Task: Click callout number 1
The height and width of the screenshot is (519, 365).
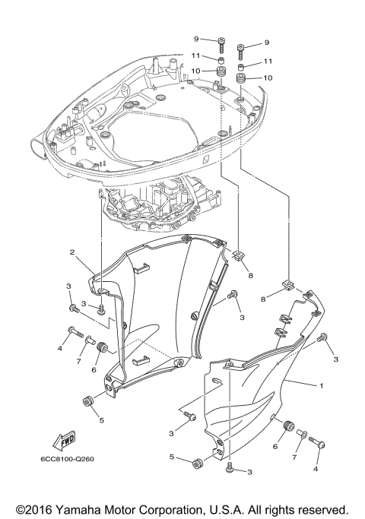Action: pos(322,385)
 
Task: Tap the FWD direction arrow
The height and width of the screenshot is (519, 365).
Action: pos(65,441)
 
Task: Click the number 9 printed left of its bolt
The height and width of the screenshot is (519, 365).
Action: pos(195,39)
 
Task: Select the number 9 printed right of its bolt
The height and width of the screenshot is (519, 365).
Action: pos(268,43)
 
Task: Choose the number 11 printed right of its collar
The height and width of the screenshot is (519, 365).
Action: pos(268,61)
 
